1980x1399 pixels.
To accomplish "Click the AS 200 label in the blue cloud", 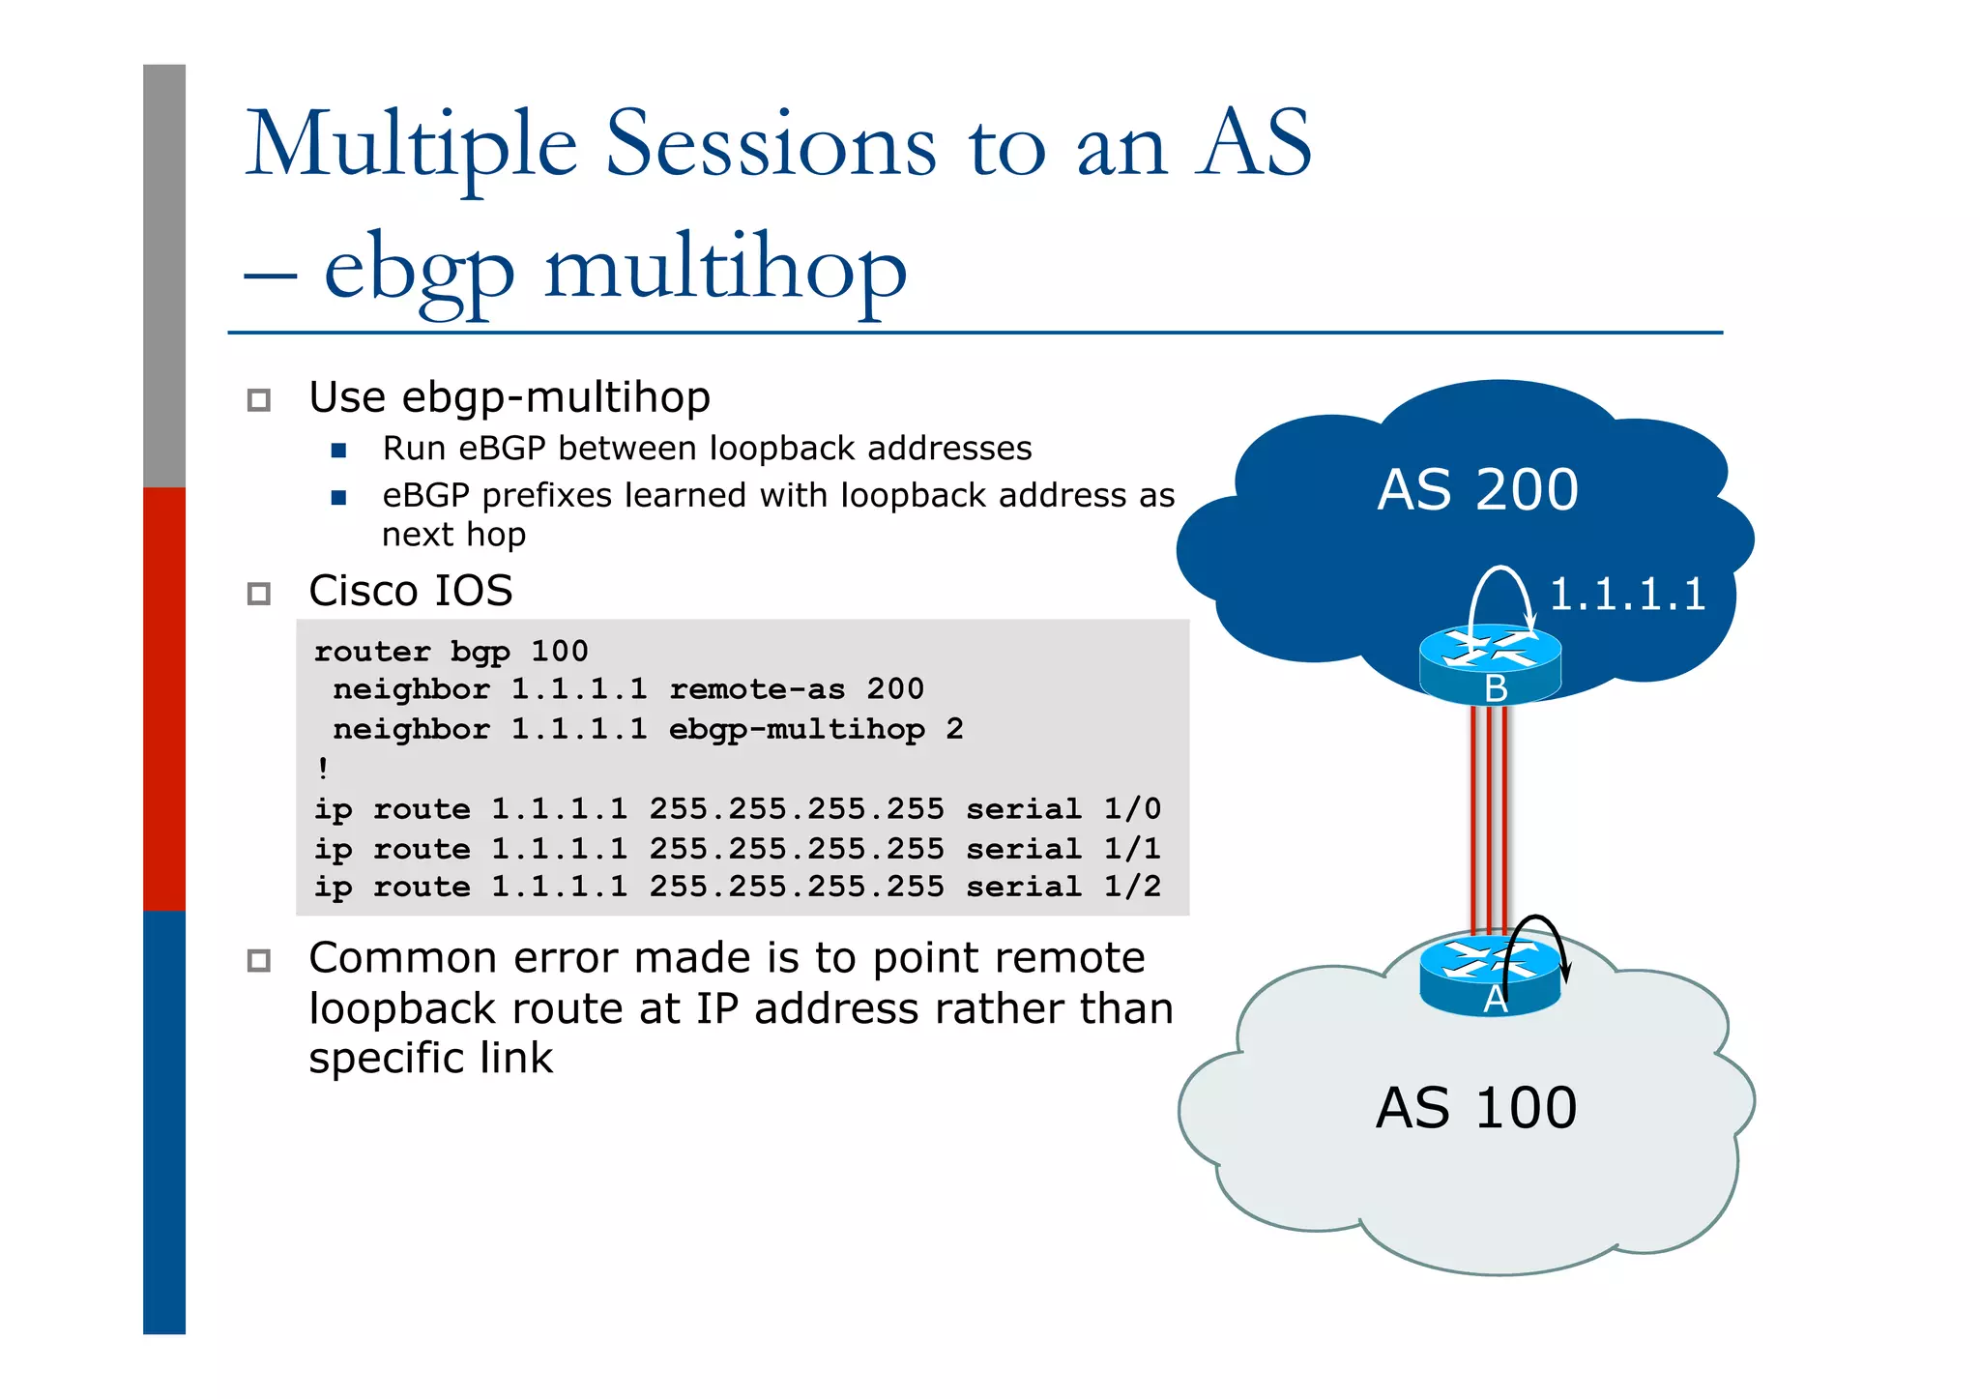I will (x=1477, y=490).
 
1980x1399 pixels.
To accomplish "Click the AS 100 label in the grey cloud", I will (x=1475, y=1108).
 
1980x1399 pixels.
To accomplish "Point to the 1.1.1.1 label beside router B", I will (x=1627, y=594).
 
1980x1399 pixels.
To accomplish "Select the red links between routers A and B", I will (x=1490, y=817).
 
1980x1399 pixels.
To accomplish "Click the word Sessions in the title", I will (x=771, y=145).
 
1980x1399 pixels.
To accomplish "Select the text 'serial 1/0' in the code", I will (x=1063, y=808).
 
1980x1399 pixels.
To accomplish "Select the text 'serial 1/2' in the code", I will (x=1063, y=887).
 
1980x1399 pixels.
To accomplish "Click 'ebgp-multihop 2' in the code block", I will (x=815, y=729).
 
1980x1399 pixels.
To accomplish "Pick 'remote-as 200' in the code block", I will (x=796, y=689).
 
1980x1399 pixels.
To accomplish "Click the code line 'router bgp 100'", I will (x=451, y=651).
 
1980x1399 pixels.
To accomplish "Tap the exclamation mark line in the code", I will (x=323, y=769).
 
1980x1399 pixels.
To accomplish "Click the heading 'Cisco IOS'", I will (x=410, y=591).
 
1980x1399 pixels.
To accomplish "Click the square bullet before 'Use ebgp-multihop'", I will (x=258, y=399).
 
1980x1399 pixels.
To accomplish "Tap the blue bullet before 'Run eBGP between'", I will (x=338, y=450).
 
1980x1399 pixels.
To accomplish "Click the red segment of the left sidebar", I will (x=164, y=698).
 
